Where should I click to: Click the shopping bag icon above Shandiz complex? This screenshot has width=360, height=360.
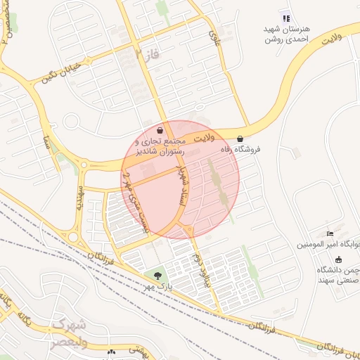point(160,130)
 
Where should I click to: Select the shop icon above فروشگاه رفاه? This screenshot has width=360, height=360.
point(241,139)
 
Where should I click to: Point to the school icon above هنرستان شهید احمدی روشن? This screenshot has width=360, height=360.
point(285,18)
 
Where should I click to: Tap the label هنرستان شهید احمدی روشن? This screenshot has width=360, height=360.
point(287,34)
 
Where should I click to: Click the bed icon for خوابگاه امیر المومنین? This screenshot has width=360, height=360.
point(330,234)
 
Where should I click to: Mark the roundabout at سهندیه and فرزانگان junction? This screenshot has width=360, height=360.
point(73,237)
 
